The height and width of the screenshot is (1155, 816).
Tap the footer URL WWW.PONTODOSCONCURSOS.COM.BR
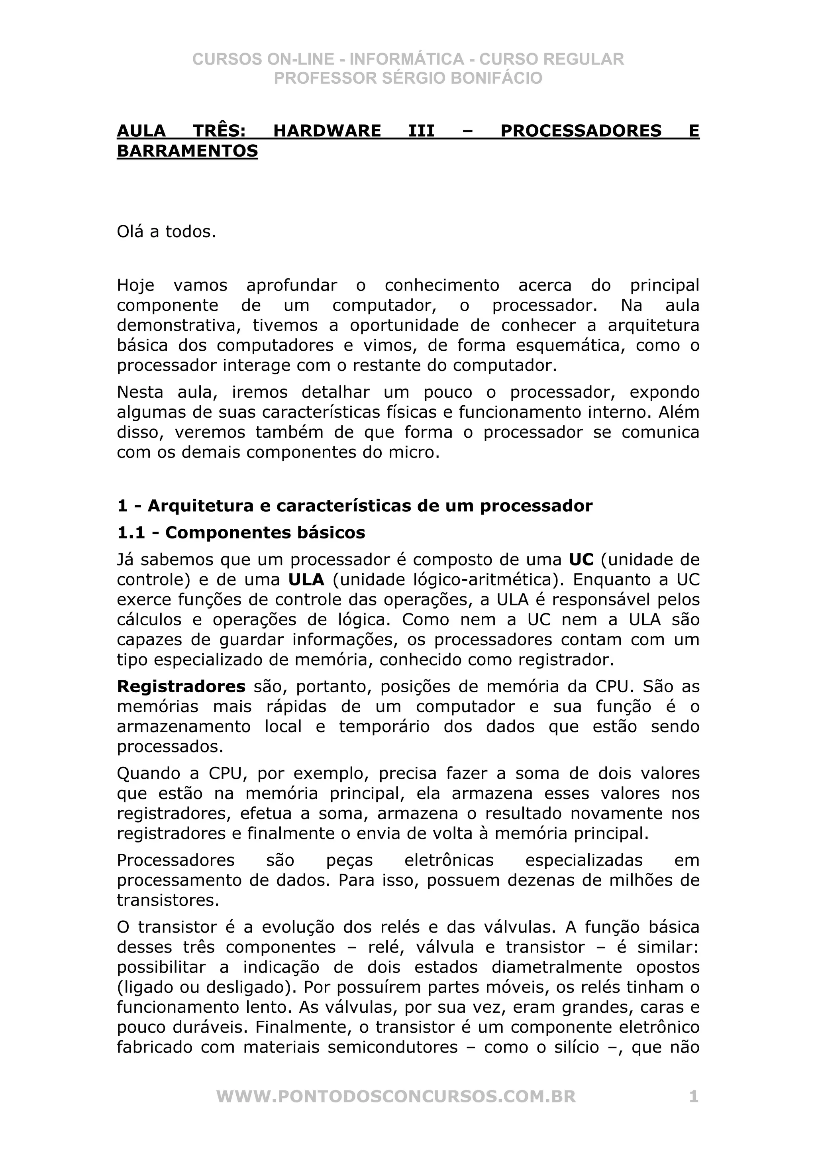pos(396,1097)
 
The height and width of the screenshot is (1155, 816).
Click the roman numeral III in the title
pos(421,131)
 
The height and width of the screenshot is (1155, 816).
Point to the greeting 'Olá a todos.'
pos(167,232)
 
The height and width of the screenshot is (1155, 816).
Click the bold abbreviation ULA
pos(306,579)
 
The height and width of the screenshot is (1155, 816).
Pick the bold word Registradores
pos(181,687)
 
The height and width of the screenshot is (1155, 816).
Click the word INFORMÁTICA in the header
pos(406,59)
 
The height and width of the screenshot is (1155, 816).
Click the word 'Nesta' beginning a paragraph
pos(140,393)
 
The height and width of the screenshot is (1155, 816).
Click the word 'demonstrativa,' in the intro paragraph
pos(179,326)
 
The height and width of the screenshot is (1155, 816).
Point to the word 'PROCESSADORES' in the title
pos(581,131)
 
